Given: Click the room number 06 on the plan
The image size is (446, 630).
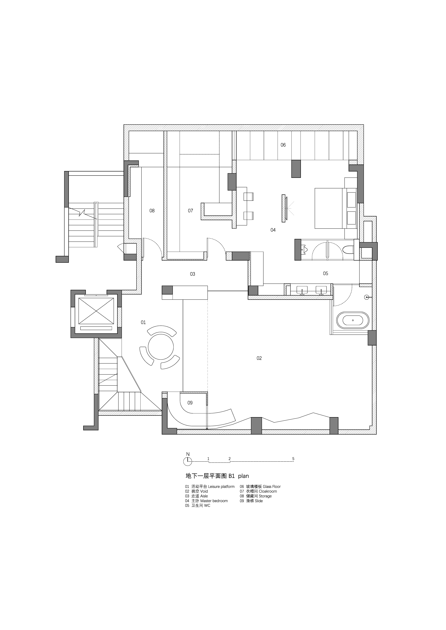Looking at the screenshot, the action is (283, 145).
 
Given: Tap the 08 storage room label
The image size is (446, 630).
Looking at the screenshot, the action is (152, 211).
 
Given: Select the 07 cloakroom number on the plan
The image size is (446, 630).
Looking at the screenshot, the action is (190, 211).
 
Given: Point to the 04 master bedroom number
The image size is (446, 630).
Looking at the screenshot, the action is (273, 230).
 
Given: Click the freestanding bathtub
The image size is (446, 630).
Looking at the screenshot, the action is (353, 320).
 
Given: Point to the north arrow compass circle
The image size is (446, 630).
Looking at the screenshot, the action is (188, 462).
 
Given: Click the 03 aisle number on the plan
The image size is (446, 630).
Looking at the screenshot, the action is (192, 274).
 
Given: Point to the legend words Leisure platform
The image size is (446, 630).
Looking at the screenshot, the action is (221, 487).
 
